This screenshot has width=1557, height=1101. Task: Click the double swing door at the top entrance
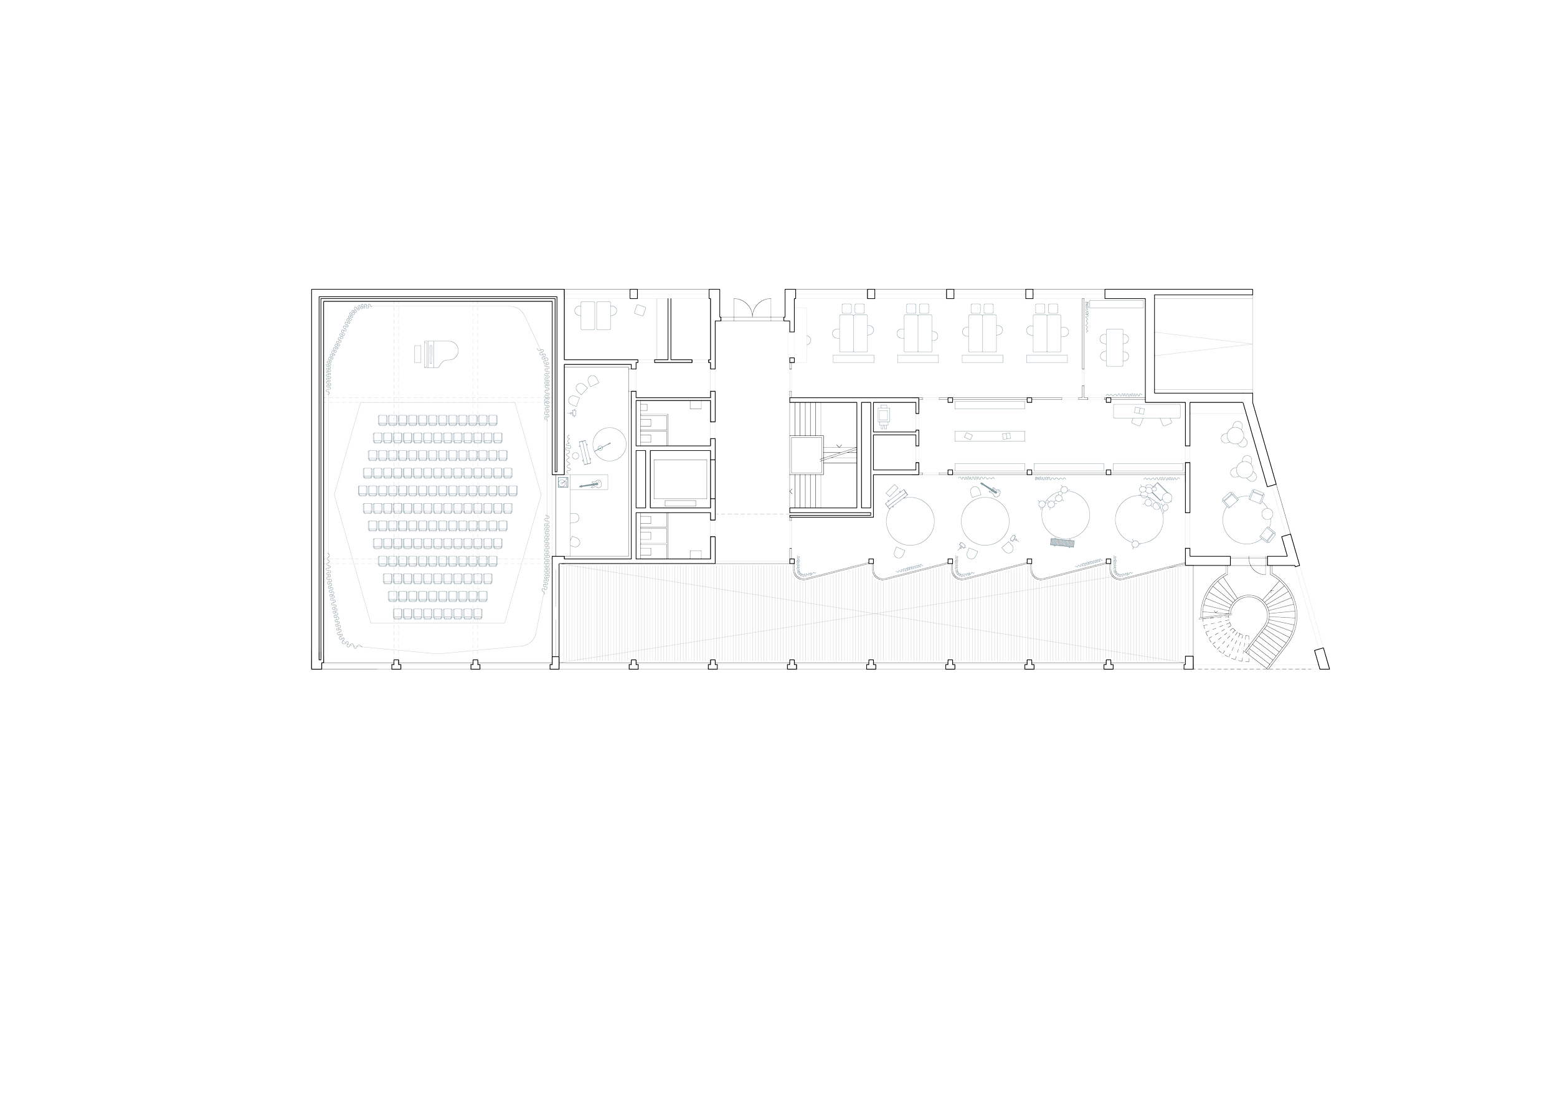tap(749, 308)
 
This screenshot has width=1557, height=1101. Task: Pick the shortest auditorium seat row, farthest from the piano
tap(441, 613)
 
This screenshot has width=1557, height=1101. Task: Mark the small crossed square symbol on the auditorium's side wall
tap(563, 483)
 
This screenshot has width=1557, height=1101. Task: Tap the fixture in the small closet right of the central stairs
tap(884, 415)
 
